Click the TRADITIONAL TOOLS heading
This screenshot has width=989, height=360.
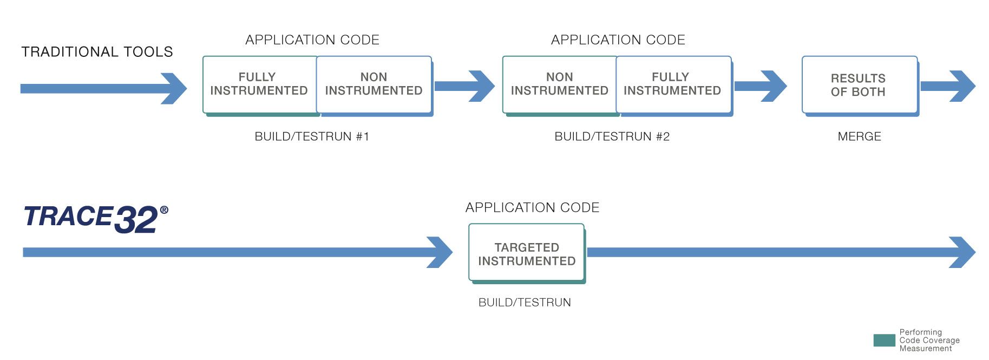[97, 52]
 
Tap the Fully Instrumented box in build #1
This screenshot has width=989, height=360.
[259, 84]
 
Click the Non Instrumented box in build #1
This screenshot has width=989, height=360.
[374, 84]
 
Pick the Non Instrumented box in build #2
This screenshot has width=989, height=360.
[559, 84]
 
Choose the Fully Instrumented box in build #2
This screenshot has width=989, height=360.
[672, 84]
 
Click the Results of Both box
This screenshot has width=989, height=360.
[859, 85]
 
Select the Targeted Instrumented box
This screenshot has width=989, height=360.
[526, 253]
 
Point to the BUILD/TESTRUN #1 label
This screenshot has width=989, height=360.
[312, 136]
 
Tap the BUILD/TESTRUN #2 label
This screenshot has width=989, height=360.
[612, 136]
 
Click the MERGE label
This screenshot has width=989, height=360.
[859, 136]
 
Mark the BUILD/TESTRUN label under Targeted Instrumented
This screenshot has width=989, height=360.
[525, 303]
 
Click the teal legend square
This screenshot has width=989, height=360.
[884, 341]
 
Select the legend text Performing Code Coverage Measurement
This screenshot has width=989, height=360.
[929, 341]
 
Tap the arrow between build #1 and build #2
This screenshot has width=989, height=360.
[464, 86]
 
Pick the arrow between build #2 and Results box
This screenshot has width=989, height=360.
[761, 86]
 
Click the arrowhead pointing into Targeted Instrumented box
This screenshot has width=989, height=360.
[440, 252]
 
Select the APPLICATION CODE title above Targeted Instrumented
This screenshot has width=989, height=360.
[532, 208]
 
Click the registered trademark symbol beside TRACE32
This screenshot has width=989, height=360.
[164, 210]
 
